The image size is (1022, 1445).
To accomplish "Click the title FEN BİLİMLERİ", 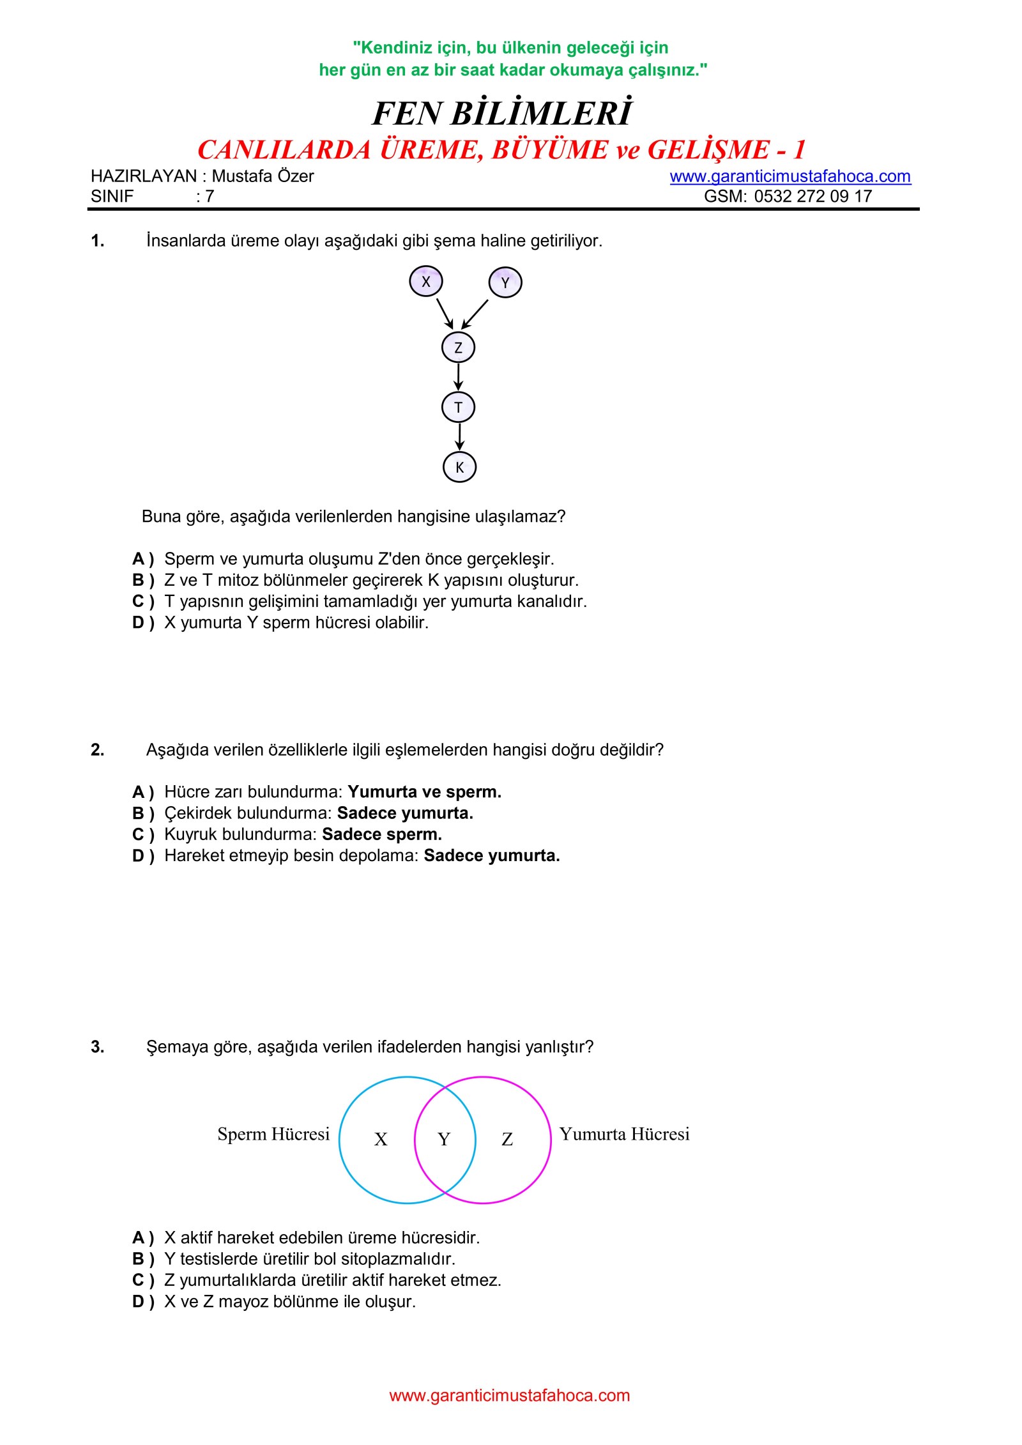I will pos(502,114).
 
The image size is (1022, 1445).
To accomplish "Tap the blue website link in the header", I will pos(790,176).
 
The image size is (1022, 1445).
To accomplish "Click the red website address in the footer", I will pos(509,1395).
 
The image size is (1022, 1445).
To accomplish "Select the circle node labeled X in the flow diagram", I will pos(426,282).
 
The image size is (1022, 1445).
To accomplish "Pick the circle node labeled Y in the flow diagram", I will pos(505,283).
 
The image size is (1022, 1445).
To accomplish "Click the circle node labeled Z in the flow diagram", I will pos(458,348).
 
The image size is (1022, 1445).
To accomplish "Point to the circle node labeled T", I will pos(458,408).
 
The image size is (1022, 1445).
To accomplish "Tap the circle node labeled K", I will pos(459,467).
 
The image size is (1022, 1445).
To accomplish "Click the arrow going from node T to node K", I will pos(459,437).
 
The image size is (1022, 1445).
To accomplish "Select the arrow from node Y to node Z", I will pos(475,314).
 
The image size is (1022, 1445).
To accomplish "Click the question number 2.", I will pos(97,749).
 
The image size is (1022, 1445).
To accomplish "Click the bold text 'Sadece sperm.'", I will pos(382,834).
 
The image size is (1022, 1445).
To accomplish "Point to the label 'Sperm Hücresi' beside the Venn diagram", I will pos(273,1134).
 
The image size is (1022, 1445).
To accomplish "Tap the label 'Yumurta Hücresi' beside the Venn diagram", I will pos(624,1134).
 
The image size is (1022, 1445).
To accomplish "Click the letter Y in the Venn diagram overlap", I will pos(444,1139).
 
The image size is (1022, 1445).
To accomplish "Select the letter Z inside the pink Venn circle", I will pos(507,1139).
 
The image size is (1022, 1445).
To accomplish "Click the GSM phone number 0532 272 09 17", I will pos(812,196).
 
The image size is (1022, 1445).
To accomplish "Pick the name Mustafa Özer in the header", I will pos(263,176).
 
